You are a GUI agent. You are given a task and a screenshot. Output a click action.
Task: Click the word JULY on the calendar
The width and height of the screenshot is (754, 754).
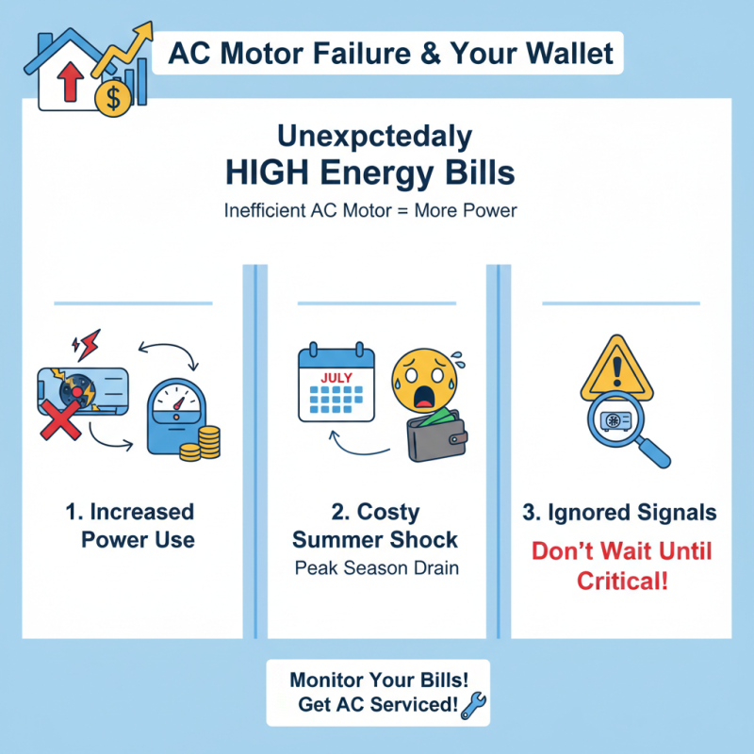coord(336,378)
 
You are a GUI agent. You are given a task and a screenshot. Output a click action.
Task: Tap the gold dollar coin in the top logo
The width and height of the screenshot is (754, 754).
coord(115,97)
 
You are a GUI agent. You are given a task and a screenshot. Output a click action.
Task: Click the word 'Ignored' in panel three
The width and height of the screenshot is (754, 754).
coord(597,513)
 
